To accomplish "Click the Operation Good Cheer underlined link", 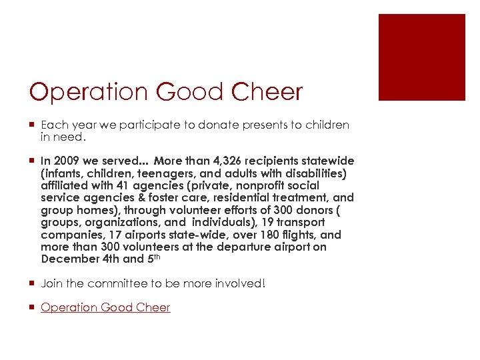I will (x=105, y=307).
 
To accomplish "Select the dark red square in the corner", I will (x=421, y=57).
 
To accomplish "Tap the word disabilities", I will (x=309, y=173).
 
